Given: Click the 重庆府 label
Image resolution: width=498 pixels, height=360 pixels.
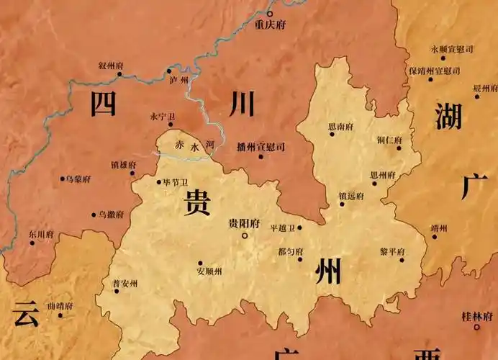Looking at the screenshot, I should [x=271, y=24].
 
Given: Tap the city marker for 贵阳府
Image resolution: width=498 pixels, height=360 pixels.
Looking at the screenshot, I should [x=245, y=235].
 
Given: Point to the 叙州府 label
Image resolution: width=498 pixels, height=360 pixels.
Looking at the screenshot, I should [x=111, y=66].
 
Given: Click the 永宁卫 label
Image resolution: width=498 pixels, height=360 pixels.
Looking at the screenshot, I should [x=162, y=115].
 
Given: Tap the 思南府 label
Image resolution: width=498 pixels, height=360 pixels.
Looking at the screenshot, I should [x=340, y=127].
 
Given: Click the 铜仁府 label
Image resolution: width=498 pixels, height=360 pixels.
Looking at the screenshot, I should [x=389, y=140].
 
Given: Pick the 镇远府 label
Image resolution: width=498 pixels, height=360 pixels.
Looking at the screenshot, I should [x=350, y=195].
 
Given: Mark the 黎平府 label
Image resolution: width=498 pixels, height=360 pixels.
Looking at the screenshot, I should [x=392, y=251].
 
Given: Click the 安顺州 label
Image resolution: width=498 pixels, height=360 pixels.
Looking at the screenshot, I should [x=209, y=271].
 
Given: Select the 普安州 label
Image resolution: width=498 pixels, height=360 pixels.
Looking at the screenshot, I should [x=126, y=282].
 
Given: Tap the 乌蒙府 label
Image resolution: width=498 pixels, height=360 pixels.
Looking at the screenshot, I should [x=77, y=178].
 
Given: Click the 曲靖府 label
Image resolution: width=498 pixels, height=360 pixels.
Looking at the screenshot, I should [x=60, y=306].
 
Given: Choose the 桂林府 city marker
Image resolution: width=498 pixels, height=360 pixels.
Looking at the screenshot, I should [x=476, y=327].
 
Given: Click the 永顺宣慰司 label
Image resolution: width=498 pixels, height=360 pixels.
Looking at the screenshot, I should [x=452, y=49].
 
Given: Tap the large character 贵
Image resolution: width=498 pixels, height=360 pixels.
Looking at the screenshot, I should [x=197, y=203].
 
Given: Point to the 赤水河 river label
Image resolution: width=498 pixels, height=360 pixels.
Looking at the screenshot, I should [x=195, y=145].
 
